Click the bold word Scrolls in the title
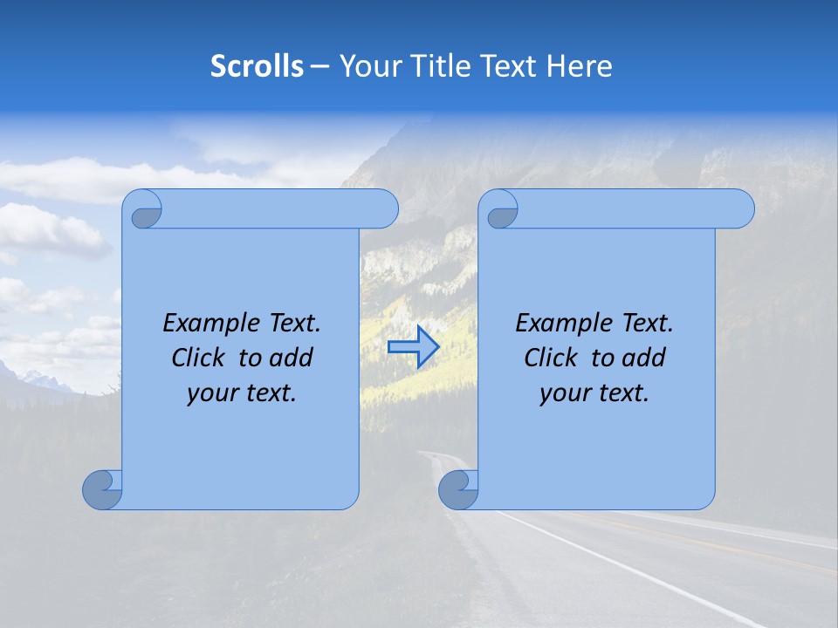pos(257,66)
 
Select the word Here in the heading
pos(580,66)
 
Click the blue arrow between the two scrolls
pos(413,347)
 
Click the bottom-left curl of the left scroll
pos(102,490)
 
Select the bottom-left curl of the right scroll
pos(458,490)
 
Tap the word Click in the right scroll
pos(551,358)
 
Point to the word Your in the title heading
pos(369,66)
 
